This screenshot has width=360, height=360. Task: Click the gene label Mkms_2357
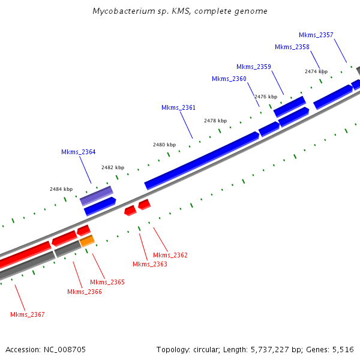[316, 35]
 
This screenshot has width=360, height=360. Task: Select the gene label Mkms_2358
[292, 47]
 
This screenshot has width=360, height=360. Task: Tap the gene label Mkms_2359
[254, 67]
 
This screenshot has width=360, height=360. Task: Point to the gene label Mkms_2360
[229, 79]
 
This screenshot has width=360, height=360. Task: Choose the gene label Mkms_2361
[179, 107]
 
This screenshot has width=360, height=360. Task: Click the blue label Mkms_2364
[79, 152]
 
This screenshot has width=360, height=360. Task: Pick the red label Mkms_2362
[170, 255]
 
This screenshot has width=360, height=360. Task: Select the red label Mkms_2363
[149, 264]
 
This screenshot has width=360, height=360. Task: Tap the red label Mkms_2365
[107, 282]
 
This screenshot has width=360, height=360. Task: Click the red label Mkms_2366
[85, 292]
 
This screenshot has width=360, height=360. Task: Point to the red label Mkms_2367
[28, 314]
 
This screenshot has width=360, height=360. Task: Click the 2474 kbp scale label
[316, 71]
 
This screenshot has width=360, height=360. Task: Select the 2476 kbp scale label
[266, 97]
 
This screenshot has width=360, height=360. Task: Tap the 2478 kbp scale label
[215, 121]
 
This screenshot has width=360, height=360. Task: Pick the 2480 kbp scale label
[164, 145]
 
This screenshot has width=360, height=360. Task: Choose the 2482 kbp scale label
[113, 167]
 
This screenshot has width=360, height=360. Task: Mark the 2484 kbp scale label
[61, 189]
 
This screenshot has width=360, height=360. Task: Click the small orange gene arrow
[87, 241]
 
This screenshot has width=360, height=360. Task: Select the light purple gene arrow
[97, 195]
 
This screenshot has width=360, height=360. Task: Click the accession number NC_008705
[67, 349]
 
